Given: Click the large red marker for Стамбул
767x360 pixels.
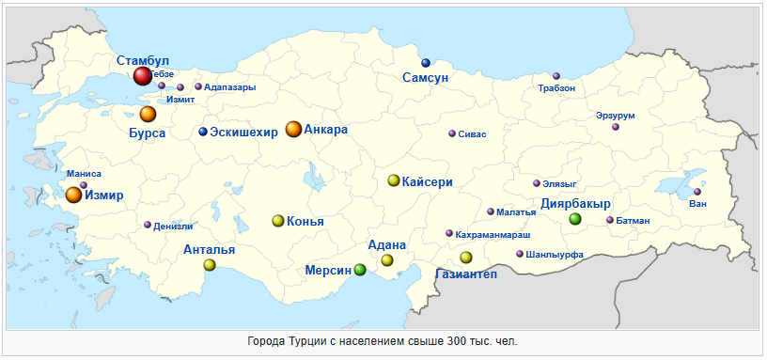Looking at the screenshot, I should click(x=142, y=76).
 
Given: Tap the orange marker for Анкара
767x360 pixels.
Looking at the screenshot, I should click(x=293, y=130).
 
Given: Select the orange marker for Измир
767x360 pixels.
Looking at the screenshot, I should click(x=73, y=196).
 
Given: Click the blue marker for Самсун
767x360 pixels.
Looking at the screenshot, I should click(x=426, y=63).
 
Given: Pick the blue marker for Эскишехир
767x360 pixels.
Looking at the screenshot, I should click(x=203, y=132).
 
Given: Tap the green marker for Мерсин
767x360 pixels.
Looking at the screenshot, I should click(x=360, y=270).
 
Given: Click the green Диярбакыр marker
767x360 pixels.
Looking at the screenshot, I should click(x=575, y=219).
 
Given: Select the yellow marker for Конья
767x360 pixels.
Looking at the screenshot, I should click(x=277, y=221).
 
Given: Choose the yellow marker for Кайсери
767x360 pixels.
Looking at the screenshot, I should click(x=394, y=180).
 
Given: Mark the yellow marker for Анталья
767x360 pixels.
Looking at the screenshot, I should click(x=210, y=265).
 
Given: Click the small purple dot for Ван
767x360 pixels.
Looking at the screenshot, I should click(x=697, y=193).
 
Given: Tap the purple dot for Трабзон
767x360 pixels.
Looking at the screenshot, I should click(x=556, y=76).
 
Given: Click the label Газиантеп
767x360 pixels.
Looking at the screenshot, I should click(x=466, y=274).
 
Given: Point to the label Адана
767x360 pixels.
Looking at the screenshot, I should click(x=387, y=245).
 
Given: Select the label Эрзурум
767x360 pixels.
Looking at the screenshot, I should click(x=616, y=116).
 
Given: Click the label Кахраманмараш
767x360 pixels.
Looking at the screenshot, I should click(x=493, y=233).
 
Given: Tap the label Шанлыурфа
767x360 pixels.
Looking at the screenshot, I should click(x=556, y=254).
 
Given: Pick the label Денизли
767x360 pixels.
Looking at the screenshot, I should click(x=173, y=226).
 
